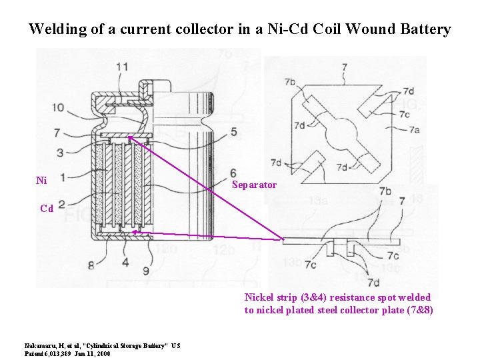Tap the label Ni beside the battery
pyautogui.click(x=41, y=180)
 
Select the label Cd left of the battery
pyautogui.click(x=46, y=208)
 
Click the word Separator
pyautogui.click(x=254, y=185)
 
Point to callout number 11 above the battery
pyautogui.click(x=122, y=67)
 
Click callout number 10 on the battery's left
pyautogui.click(x=58, y=107)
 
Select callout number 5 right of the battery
pyautogui.click(x=234, y=132)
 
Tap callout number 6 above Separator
pyautogui.click(x=233, y=173)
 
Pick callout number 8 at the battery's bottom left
pyautogui.click(x=91, y=267)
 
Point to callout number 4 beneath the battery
pyautogui.click(x=125, y=263)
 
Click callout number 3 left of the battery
pyautogui.click(x=61, y=153)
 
